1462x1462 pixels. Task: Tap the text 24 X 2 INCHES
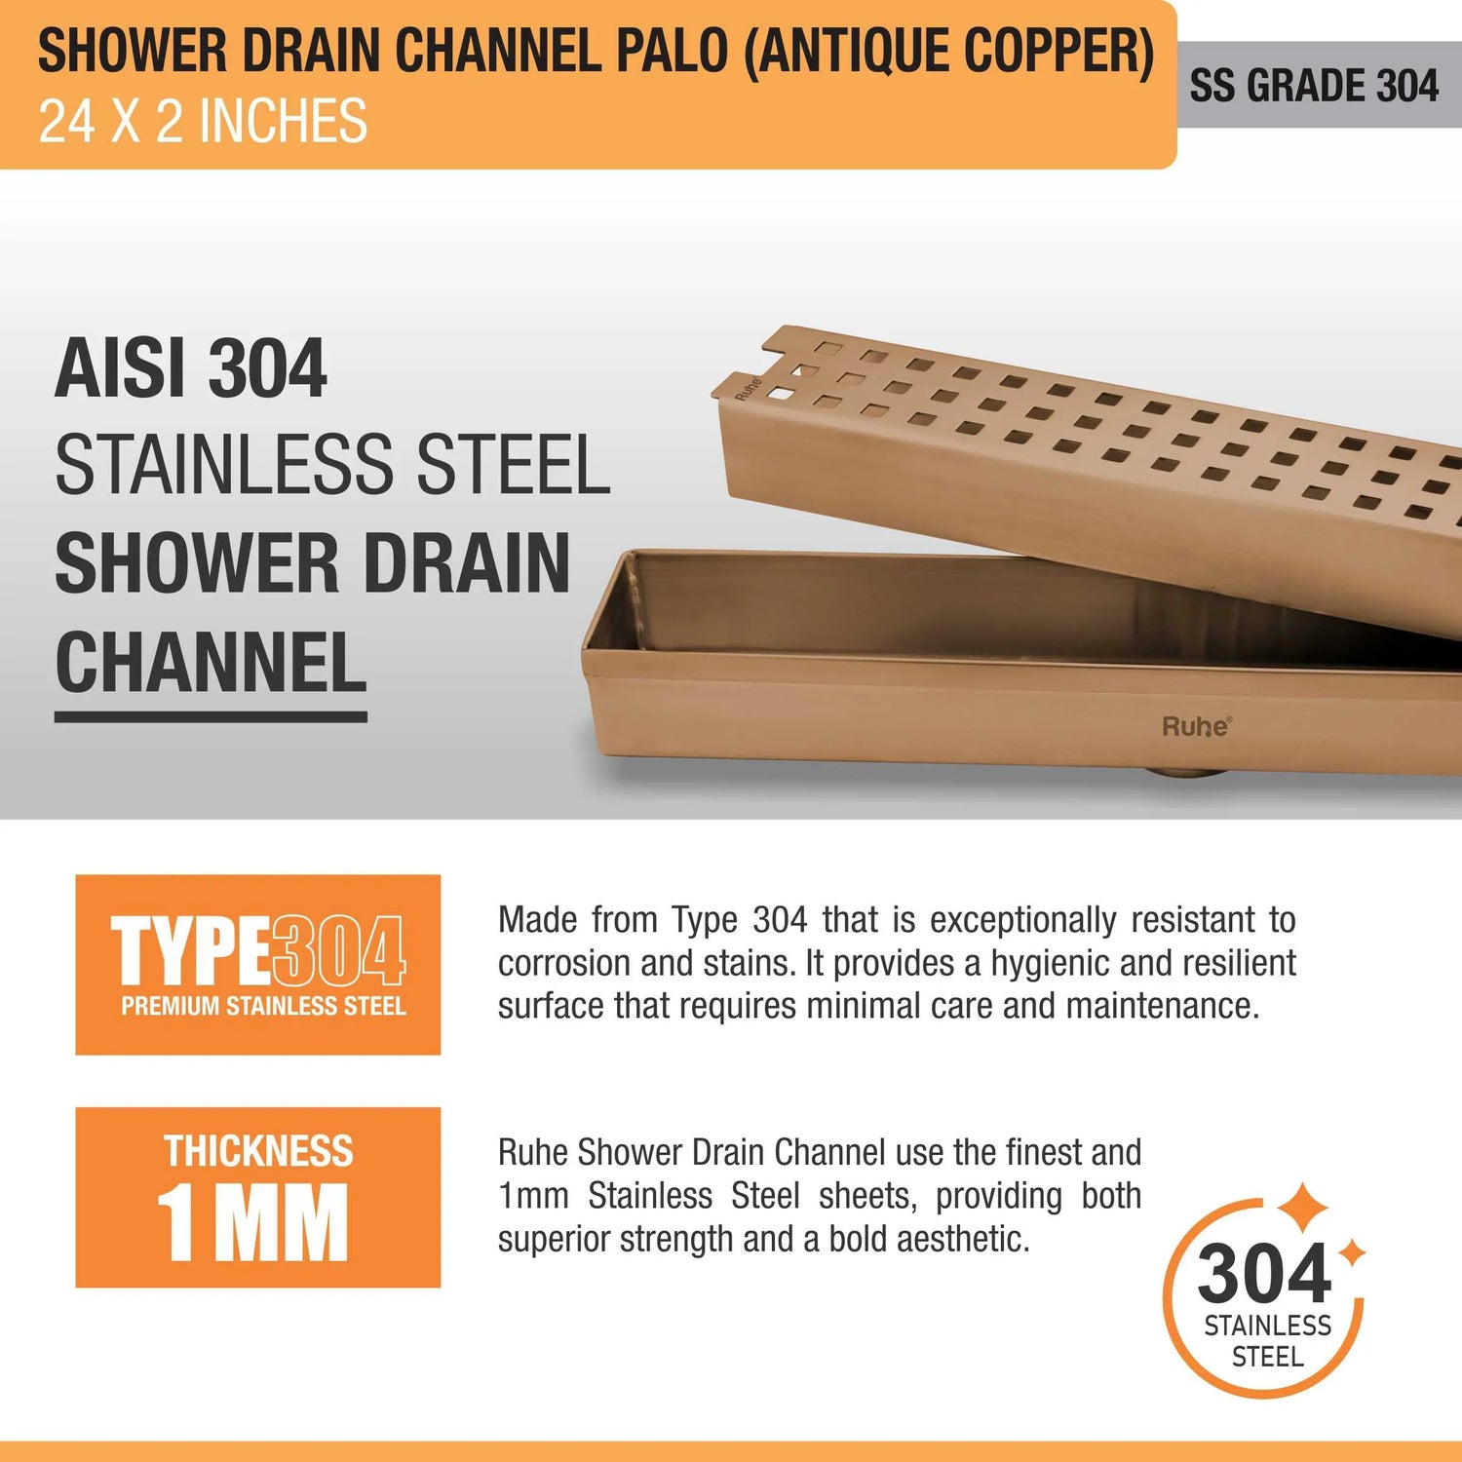pos(203,122)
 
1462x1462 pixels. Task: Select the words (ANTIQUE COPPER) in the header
pos(949,52)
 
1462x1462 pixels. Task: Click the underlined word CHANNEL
pos(211,663)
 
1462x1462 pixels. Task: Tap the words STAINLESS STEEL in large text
pos(332,466)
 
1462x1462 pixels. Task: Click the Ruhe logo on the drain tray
pos(1197,726)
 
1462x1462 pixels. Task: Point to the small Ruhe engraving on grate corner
pos(747,389)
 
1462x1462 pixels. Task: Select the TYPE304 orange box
pos(258,965)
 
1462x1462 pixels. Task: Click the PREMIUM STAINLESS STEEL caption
pos(263,1006)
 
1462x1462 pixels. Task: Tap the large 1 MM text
pos(252,1222)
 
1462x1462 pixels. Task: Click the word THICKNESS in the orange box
pos(258,1151)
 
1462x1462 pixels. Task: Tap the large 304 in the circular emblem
pos(1264,1273)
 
